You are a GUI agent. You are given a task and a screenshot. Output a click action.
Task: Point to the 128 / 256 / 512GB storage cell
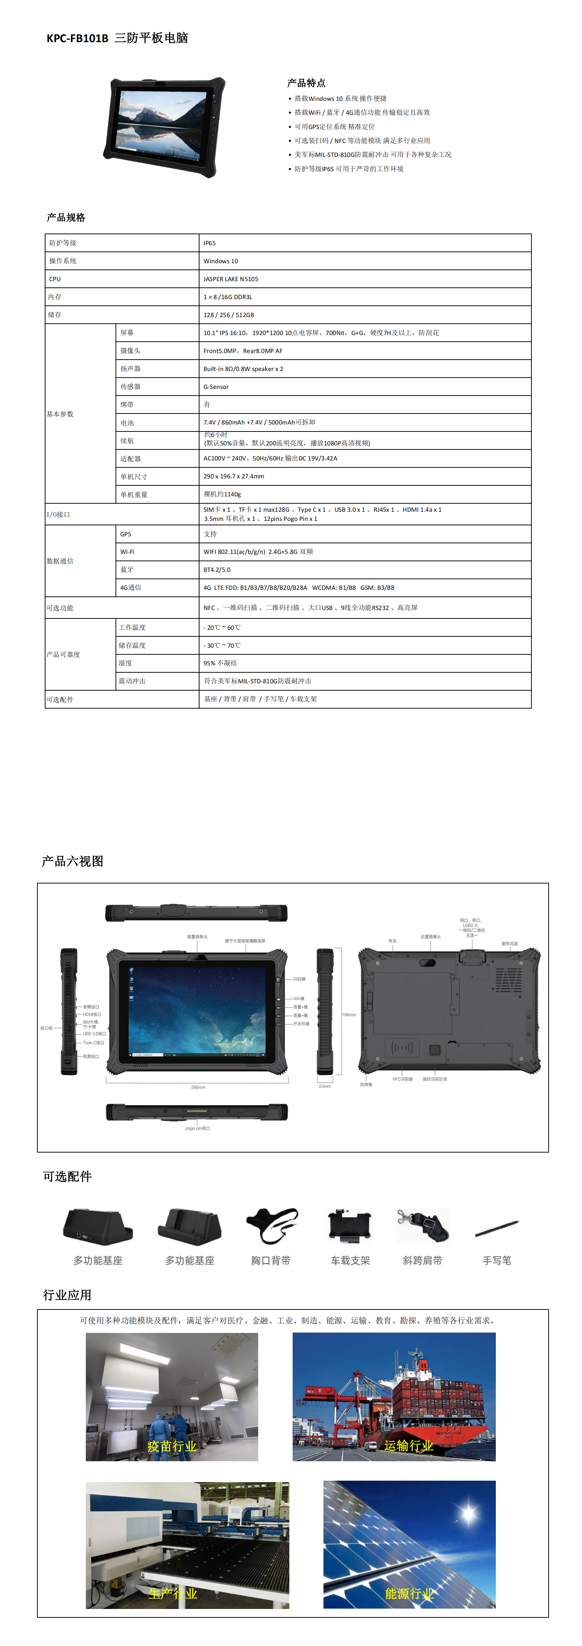coord(228,315)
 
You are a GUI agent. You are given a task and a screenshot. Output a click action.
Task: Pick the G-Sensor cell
coord(216,387)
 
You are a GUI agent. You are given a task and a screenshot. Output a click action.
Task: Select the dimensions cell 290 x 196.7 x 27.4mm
coord(234,477)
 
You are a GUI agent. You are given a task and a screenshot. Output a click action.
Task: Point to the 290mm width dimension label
coord(198,1087)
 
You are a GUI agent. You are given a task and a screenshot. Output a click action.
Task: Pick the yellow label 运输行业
coord(409,1446)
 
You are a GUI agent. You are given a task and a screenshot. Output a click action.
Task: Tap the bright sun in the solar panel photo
coord(469,1513)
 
